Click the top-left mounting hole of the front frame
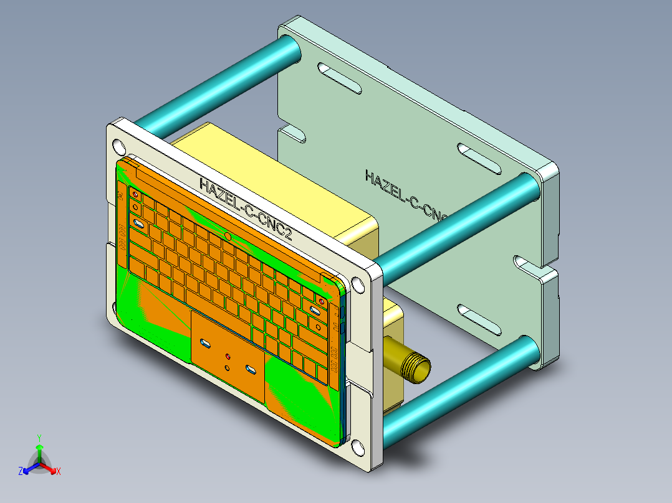(117, 147)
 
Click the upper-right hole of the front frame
(358, 284)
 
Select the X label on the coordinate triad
(58, 472)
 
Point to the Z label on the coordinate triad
(21, 472)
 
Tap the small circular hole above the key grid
(229, 237)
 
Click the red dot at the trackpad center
(228, 357)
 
